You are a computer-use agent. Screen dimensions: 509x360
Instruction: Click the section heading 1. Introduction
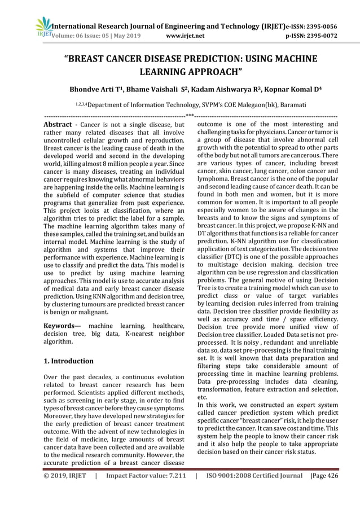click(x=69, y=361)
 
